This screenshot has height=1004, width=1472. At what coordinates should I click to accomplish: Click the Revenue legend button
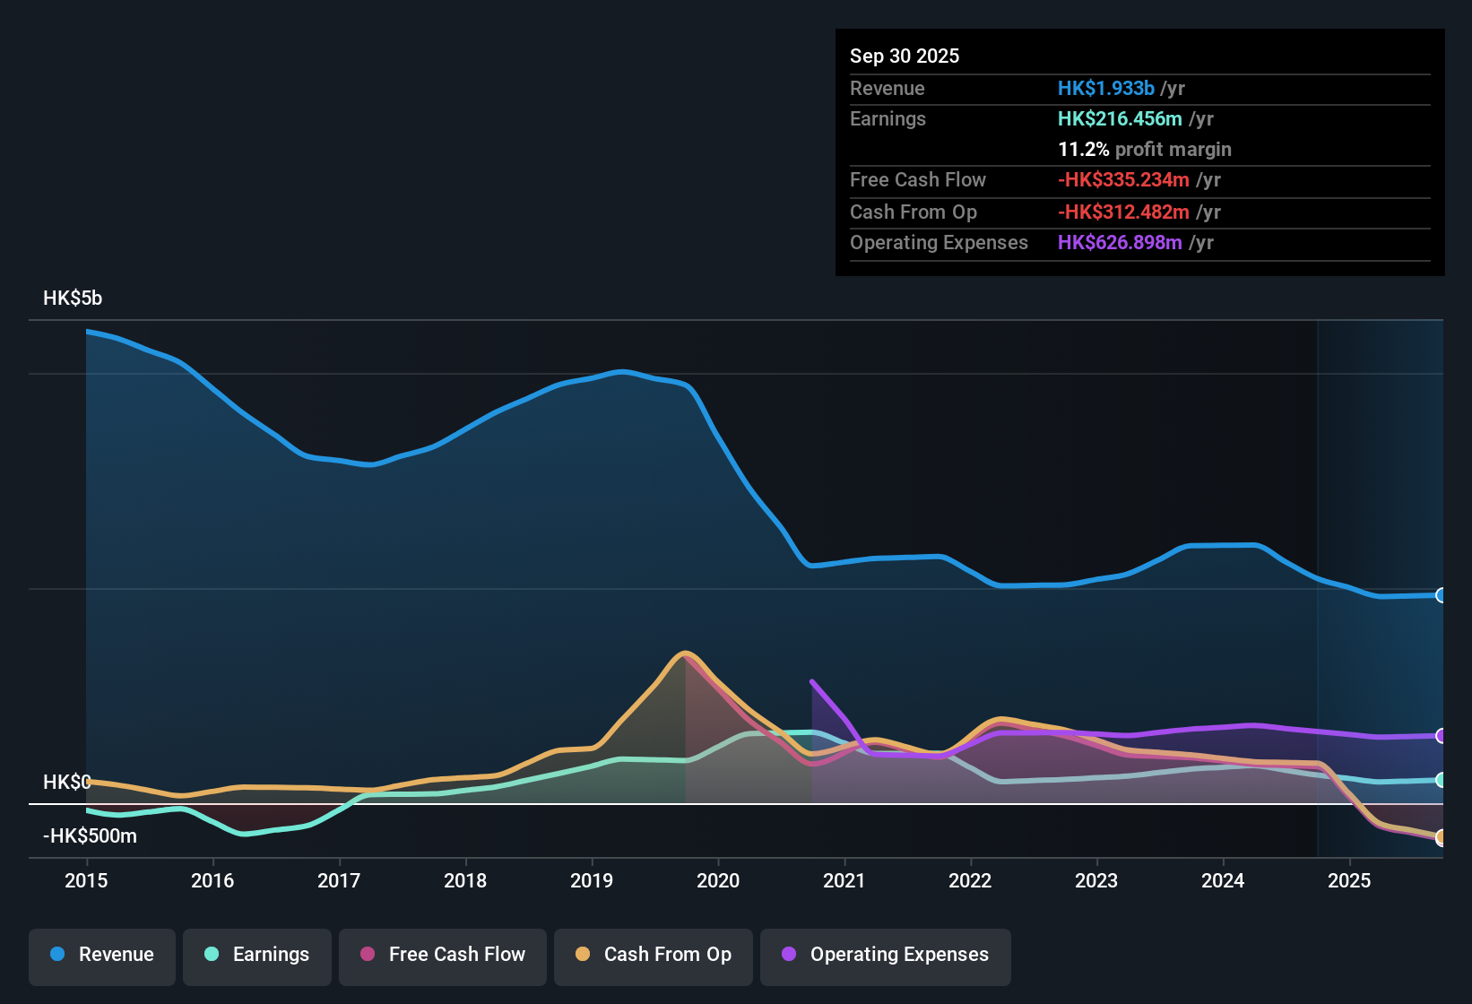click(x=102, y=955)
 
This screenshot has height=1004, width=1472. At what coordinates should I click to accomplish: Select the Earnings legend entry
click(x=257, y=955)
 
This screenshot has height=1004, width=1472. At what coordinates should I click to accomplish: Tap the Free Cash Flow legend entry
click(x=443, y=955)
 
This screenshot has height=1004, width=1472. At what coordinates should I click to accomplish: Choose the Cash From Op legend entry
click(x=654, y=955)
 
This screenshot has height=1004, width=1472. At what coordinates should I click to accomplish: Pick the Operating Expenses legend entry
click(x=886, y=955)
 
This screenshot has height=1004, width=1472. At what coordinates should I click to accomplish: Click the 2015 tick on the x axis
click(x=86, y=880)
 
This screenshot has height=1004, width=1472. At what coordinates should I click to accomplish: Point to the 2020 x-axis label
click(x=718, y=880)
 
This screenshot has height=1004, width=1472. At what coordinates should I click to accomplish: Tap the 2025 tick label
click(x=1349, y=880)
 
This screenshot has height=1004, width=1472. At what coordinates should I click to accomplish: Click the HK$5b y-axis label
click(x=73, y=299)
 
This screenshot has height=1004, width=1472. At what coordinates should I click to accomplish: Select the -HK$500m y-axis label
click(x=90, y=836)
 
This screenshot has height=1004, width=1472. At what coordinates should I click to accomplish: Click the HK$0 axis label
click(x=66, y=783)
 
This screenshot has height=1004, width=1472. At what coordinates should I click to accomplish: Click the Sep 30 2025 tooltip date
click(x=905, y=56)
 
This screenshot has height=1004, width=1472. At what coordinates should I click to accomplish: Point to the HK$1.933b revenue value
click(x=1105, y=89)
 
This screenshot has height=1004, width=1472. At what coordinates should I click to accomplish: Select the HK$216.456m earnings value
click(x=1120, y=119)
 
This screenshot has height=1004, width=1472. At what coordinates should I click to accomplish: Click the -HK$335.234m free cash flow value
click(x=1123, y=180)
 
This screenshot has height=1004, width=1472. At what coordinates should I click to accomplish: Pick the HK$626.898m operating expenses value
click(x=1120, y=243)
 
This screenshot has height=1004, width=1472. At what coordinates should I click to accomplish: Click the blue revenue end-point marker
click(x=1441, y=595)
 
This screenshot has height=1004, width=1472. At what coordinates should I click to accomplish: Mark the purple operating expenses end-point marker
click(x=1441, y=736)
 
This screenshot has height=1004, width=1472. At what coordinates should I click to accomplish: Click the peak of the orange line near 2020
click(x=686, y=653)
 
